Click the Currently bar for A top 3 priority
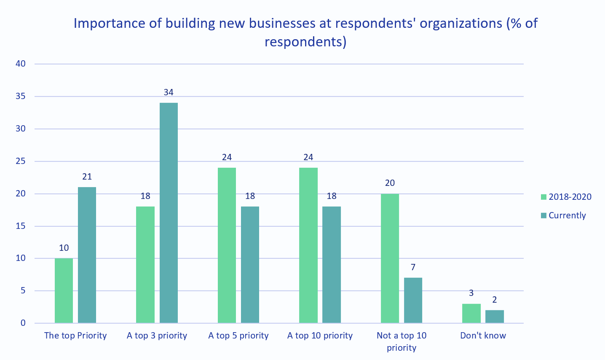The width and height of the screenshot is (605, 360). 169,213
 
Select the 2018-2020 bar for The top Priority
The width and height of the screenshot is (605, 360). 64,290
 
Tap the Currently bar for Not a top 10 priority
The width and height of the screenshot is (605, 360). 413,300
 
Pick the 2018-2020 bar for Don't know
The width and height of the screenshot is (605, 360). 471,313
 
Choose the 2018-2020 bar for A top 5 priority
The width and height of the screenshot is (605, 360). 227,245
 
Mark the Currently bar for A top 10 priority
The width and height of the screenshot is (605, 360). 332,265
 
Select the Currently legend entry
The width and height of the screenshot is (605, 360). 567,215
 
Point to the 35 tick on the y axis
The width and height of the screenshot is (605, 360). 21,97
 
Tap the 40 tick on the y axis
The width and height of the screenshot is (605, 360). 21,64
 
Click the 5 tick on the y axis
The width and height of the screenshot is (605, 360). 23,291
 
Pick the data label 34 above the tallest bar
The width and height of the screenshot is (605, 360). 169,92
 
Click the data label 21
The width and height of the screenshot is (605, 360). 87,177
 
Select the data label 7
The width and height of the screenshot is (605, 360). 413,267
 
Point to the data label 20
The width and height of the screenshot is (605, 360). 390,183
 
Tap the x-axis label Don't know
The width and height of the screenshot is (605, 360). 483,336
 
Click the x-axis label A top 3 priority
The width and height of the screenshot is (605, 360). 157,336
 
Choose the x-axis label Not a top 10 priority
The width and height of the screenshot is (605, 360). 402,341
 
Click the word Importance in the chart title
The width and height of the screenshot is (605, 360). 110,23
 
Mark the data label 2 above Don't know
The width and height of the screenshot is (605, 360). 495,300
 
